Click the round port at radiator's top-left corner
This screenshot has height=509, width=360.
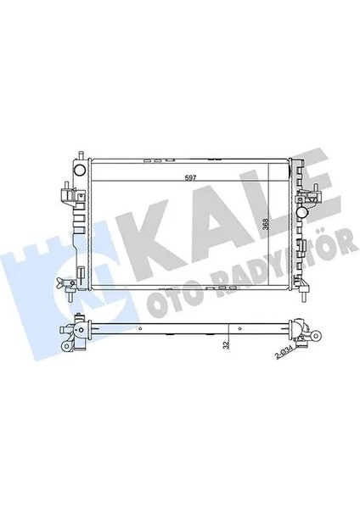pyautogui.click(x=80, y=169)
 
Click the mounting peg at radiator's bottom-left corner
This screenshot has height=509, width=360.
pyautogui.click(x=75, y=297)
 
